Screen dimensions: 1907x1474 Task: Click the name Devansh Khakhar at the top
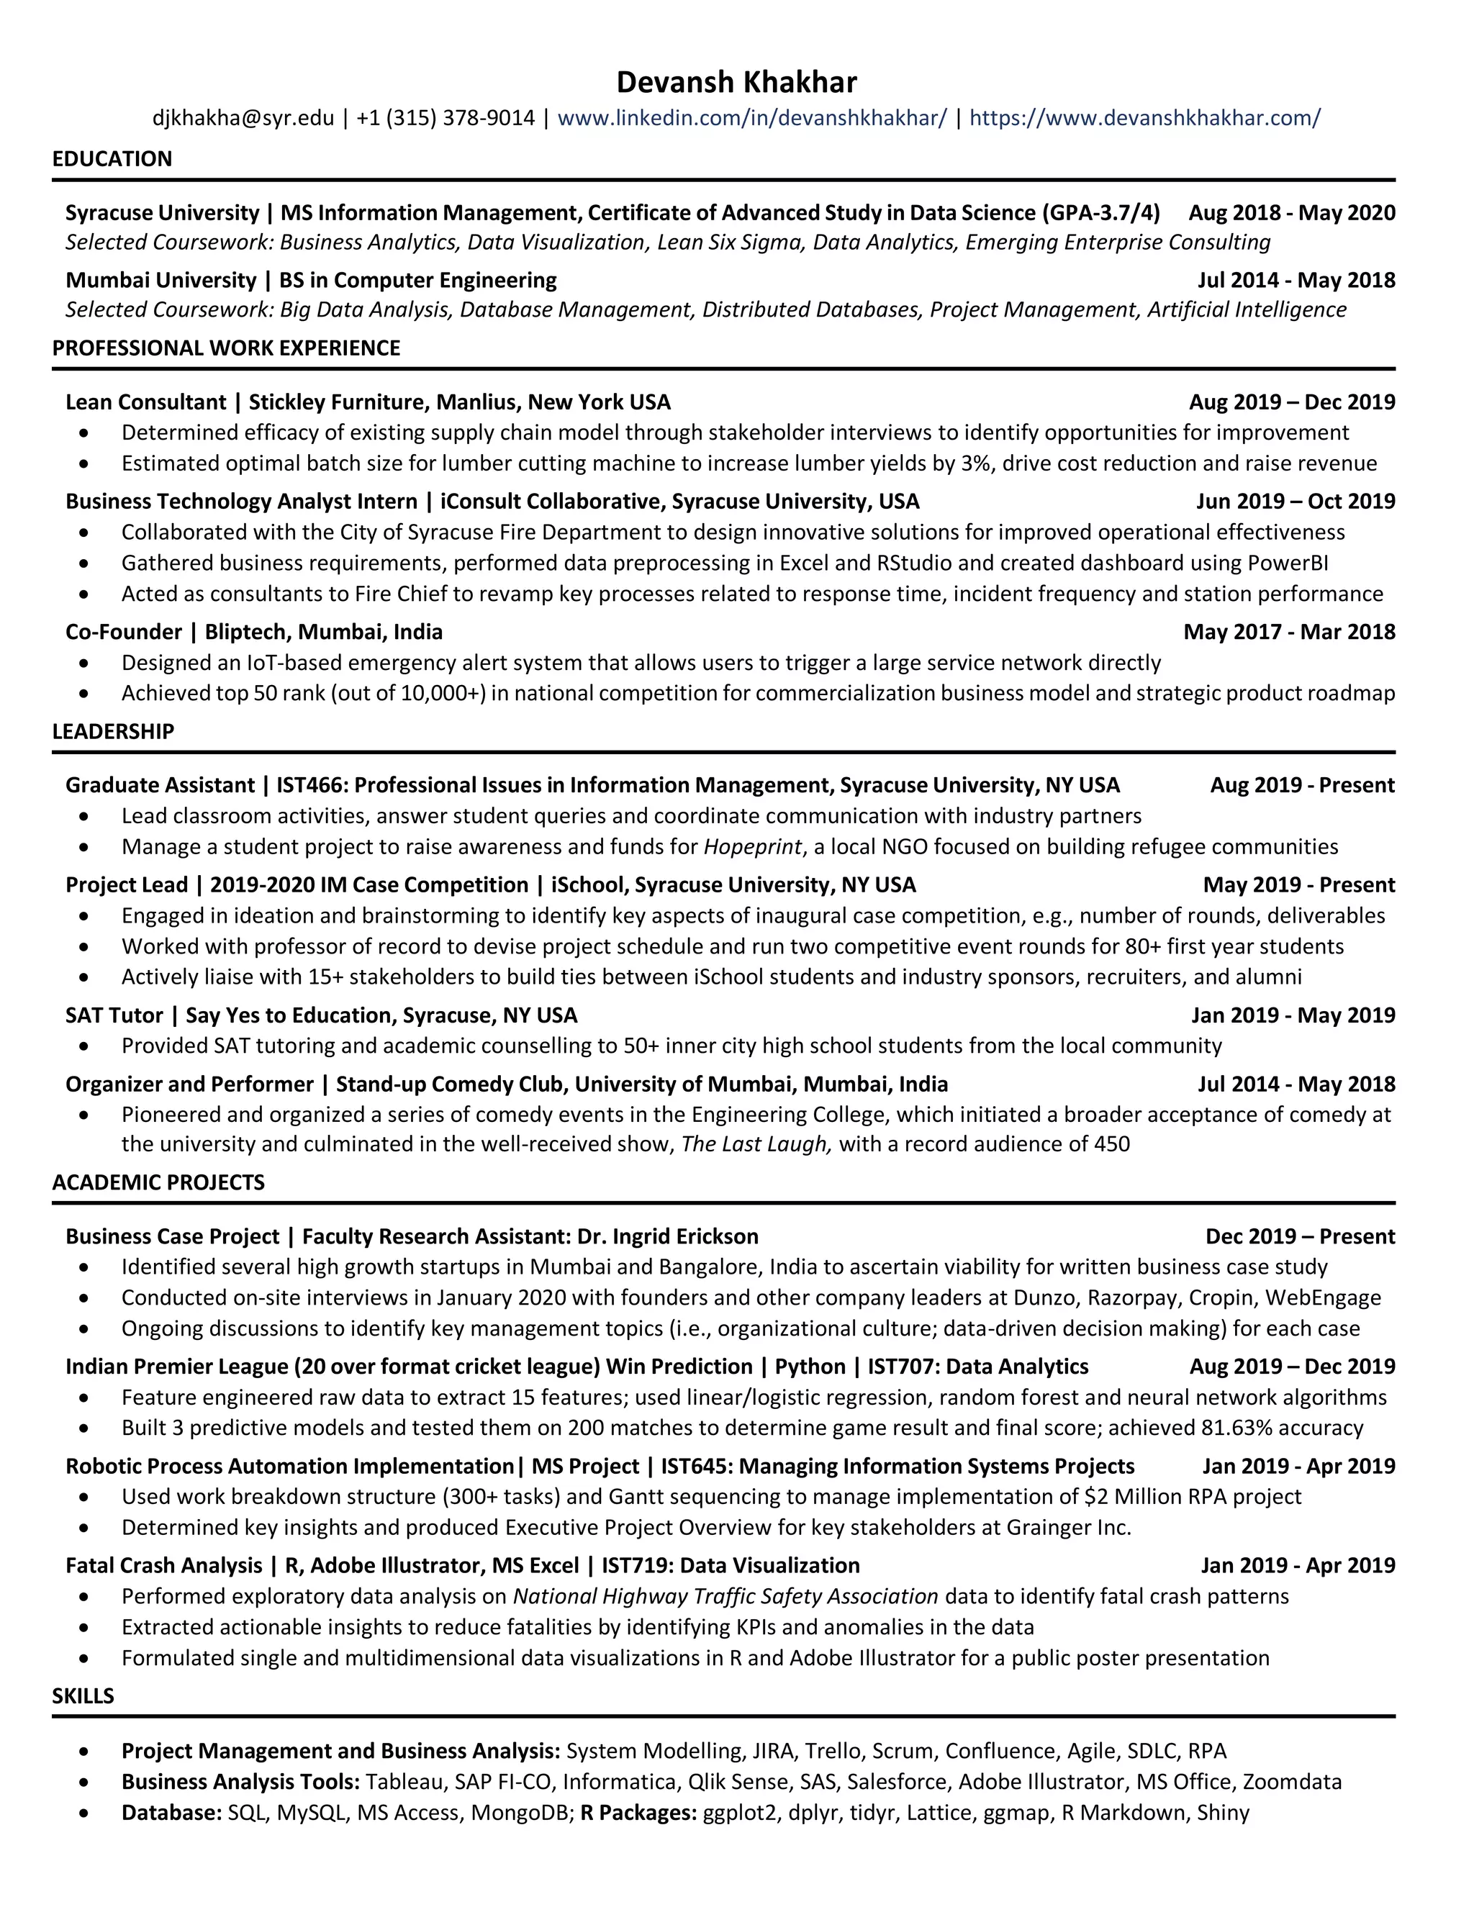[736, 82]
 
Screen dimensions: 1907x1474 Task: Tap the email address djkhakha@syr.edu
[243, 118]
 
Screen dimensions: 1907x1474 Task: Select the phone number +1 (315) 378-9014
[446, 118]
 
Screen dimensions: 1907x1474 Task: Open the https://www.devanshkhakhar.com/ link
[1145, 118]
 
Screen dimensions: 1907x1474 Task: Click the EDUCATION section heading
[112, 159]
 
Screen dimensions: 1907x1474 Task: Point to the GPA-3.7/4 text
[1100, 213]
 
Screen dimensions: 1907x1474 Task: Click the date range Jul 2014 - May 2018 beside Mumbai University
[1296, 280]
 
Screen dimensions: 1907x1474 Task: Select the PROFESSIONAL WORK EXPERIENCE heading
[225, 348]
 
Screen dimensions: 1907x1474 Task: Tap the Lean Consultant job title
[145, 402]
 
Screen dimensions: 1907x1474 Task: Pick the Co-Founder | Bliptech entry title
[253, 632]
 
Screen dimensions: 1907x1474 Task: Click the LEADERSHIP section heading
[113, 732]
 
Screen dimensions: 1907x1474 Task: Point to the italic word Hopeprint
[752, 847]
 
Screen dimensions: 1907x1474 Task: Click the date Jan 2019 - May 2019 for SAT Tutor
[1293, 1015]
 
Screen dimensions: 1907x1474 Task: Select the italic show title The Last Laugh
[754, 1145]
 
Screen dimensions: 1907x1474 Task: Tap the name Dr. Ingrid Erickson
[668, 1237]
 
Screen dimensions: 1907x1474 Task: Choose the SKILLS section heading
[83, 1697]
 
